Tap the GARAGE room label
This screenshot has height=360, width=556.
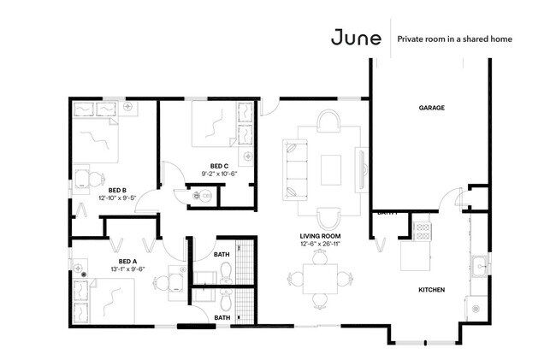click(x=431, y=108)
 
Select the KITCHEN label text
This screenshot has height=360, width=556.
click(x=431, y=290)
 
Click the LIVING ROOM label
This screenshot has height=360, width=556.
click(x=321, y=235)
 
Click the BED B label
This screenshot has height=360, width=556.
click(x=118, y=190)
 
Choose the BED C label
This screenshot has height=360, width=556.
click(x=219, y=166)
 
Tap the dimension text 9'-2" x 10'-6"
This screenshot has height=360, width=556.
click(x=219, y=174)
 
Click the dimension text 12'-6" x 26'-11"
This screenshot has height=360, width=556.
click(x=321, y=244)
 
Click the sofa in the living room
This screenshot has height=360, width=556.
click(x=293, y=168)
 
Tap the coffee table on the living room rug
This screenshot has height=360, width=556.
click(x=331, y=168)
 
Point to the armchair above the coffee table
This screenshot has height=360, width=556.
click(x=329, y=121)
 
